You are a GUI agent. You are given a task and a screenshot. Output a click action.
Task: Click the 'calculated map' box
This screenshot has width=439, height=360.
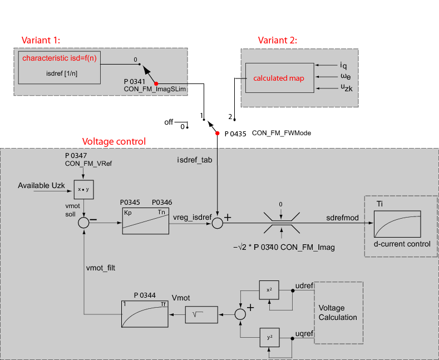coord(279,78)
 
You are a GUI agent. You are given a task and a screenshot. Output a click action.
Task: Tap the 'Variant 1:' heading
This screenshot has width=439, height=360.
coord(41,40)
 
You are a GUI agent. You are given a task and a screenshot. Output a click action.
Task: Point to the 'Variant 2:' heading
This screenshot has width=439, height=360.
coord(278,40)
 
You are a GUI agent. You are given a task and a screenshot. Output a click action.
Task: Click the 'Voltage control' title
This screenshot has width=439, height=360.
coord(114,141)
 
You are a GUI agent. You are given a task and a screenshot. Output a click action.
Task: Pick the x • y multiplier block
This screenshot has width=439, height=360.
coord(84,190)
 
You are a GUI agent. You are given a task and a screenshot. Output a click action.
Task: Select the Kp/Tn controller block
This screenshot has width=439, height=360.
coord(145,222)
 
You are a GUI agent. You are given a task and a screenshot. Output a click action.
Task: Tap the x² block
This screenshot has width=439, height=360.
coord(269,290)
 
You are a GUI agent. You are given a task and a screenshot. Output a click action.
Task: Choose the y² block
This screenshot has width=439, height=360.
coord(269,337)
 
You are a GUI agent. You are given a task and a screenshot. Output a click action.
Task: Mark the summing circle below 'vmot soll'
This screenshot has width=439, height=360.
coord(84,222)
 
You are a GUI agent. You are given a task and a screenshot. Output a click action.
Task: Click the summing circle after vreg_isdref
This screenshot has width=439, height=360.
coord(217,223)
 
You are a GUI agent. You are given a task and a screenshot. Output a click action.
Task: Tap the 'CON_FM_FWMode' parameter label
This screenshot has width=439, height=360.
coord(281,133)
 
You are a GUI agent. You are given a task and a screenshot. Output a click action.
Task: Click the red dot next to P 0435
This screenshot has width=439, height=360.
coord(218,133)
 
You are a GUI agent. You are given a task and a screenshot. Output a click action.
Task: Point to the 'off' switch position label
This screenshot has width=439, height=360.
coord(169,122)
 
